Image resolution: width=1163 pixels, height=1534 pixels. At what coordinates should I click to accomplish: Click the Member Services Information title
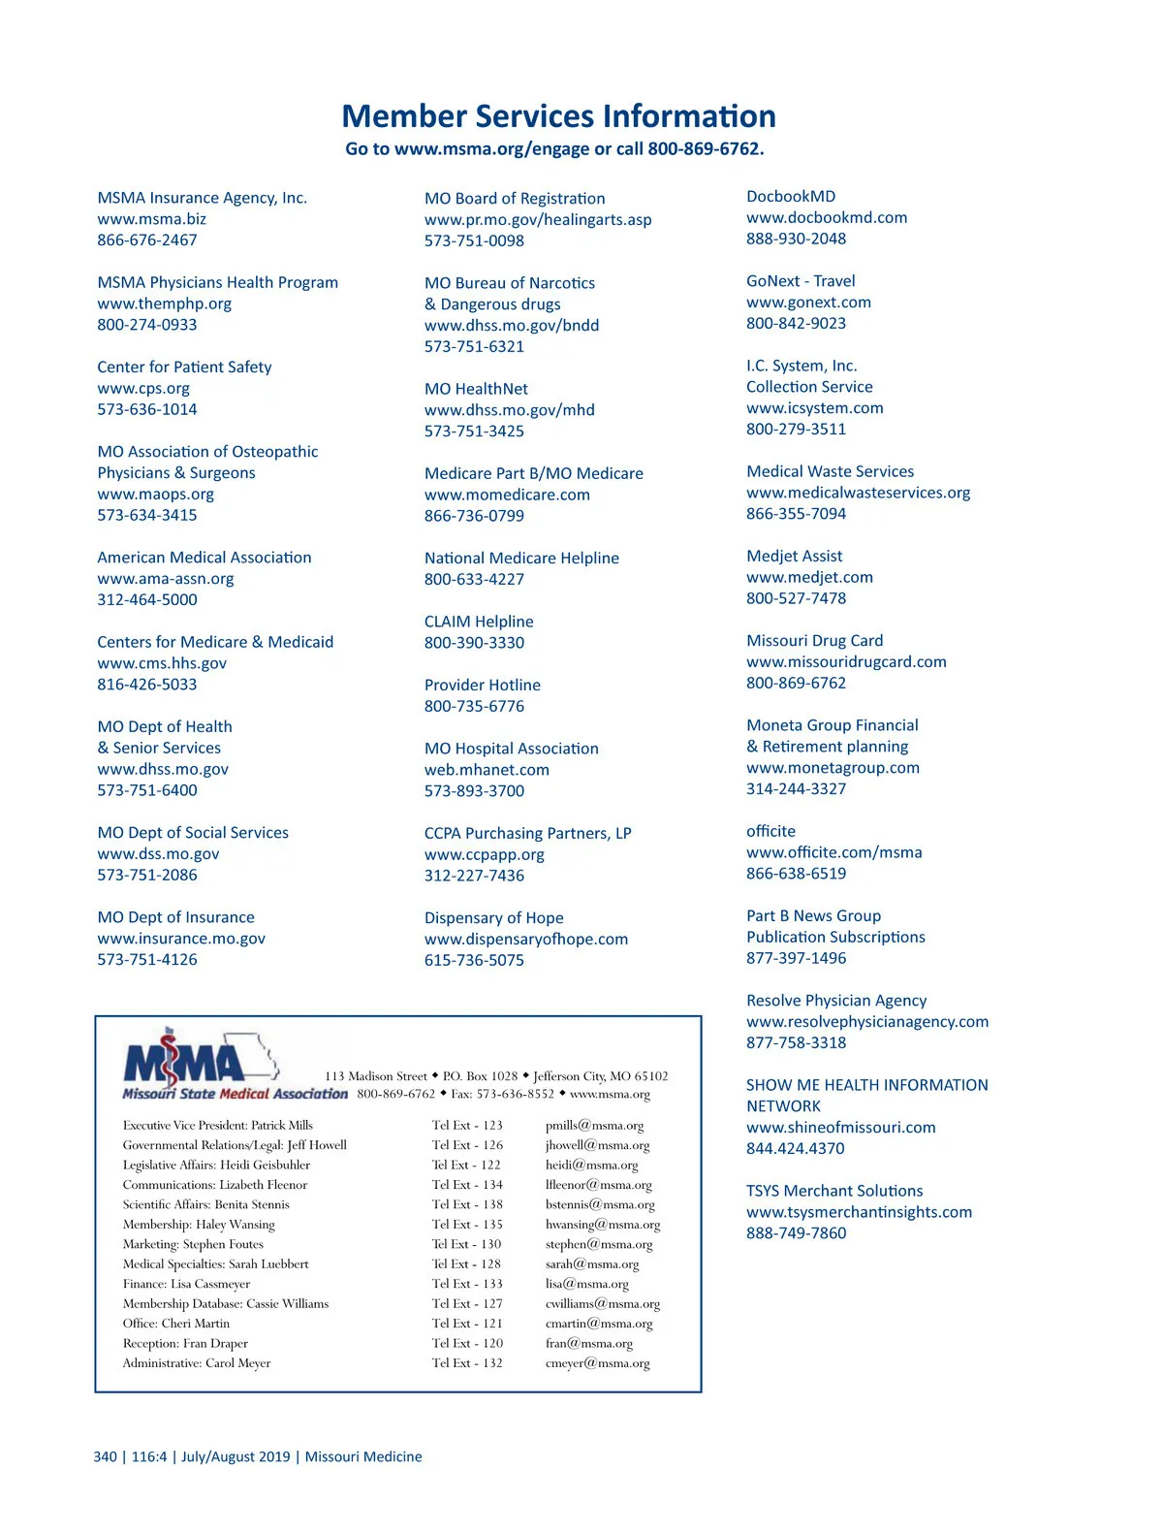coord(558,116)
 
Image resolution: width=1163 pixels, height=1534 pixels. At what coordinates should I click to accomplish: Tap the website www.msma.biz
coord(151,219)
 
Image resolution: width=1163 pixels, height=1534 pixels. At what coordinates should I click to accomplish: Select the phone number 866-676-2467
coord(146,240)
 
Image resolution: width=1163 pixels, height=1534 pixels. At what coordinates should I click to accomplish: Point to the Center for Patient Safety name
coord(184,368)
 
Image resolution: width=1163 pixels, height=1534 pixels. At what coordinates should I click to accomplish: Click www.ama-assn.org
coord(165,579)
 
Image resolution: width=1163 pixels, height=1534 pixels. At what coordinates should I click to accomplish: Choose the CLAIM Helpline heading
coord(479,622)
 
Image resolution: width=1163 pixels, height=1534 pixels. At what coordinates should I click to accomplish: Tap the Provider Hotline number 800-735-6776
coord(474,706)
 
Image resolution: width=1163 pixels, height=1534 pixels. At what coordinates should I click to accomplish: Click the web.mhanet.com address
coord(487,770)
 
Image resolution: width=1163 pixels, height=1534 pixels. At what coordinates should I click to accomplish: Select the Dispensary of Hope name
coord(493,918)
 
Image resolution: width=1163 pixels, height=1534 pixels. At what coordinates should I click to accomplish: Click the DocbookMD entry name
coord(791,197)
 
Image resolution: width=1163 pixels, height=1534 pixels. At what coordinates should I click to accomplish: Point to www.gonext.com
coord(808,303)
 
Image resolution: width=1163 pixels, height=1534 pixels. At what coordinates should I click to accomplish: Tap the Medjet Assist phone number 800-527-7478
coord(796,598)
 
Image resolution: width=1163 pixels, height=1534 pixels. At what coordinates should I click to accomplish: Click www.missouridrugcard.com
coord(846,662)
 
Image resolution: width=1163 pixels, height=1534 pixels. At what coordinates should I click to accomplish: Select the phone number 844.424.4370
coord(795,1149)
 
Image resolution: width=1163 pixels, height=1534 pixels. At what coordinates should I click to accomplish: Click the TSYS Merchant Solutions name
coord(834,1191)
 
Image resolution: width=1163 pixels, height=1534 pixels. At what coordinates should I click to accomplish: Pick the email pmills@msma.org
coord(594,1126)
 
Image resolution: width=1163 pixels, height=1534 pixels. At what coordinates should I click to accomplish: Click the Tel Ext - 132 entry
coord(467,1363)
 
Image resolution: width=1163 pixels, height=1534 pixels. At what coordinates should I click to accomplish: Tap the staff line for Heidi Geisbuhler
coord(216,1166)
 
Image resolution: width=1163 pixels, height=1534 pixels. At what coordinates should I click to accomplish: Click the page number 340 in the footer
coord(105,1456)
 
